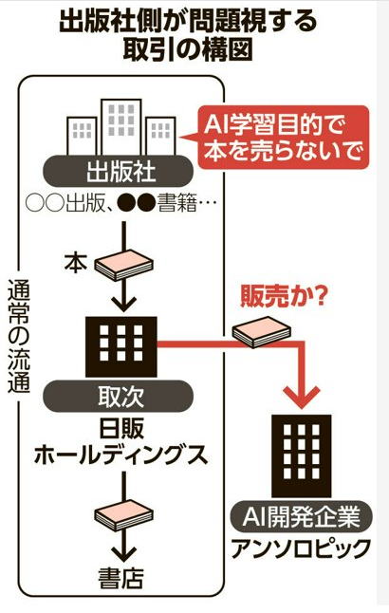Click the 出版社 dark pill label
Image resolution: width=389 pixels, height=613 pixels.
[x=118, y=172]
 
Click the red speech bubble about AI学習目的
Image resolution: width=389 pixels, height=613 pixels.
[x=283, y=138]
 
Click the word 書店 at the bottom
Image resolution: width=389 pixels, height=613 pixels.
[x=120, y=578]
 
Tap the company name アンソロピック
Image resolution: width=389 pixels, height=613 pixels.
[x=301, y=548]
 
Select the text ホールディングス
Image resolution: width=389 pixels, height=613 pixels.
[x=120, y=455]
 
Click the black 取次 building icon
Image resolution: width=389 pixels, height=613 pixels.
[x=121, y=346]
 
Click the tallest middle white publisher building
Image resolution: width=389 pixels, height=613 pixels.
[x=121, y=127]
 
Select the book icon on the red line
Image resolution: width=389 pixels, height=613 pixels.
[x=262, y=332]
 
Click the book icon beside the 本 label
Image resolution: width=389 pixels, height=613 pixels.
[x=124, y=266]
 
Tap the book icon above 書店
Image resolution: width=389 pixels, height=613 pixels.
[x=124, y=515]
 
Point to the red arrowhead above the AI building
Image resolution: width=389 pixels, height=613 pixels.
[x=302, y=397]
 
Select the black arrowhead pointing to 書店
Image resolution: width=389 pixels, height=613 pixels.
[x=123, y=554]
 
